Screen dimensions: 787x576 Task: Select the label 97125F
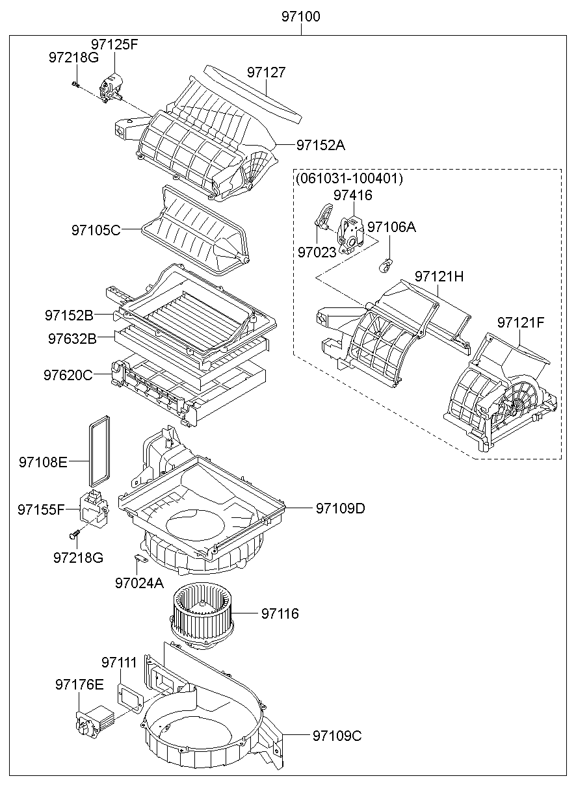point(114,45)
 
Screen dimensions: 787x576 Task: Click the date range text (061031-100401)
point(349,179)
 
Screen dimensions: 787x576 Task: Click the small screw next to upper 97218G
point(76,84)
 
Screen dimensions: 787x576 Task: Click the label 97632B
point(72,339)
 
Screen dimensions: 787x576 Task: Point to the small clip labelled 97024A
point(137,558)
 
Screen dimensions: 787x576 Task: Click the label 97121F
point(521,322)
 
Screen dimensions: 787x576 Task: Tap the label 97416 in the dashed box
point(353,195)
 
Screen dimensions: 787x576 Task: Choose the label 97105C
point(96,230)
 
